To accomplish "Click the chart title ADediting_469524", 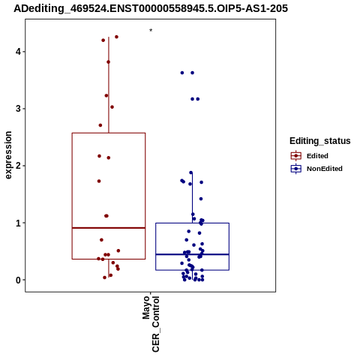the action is click(x=151, y=8).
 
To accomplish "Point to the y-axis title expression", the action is click(x=8, y=155).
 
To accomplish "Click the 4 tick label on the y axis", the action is click(x=18, y=52).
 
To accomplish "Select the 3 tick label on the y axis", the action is click(x=18, y=109).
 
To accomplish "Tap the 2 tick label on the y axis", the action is click(x=18, y=166).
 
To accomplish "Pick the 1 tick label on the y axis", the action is click(x=18, y=223).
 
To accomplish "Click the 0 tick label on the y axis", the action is click(x=18, y=280).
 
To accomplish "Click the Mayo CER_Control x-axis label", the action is click(x=151, y=324).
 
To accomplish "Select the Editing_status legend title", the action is click(x=320, y=141).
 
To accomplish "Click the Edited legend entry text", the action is click(x=317, y=156).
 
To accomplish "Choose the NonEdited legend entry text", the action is click(x=325, y=169).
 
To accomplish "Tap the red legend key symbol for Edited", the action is click(x=296, y=156).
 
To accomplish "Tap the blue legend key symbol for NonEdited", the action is click(x=296, y=169).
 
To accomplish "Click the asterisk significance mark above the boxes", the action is click(x=151, y=31).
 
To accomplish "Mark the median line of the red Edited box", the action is click(x=109, y=228).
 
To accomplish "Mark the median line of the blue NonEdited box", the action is click(x=193, y=254).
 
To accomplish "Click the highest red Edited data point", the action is click(x=116, y=37).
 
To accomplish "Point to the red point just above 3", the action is click(x=112, y=107).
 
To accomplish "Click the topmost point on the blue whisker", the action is click(x=191, y=172).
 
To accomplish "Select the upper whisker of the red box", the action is click(x=109, y=85).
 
